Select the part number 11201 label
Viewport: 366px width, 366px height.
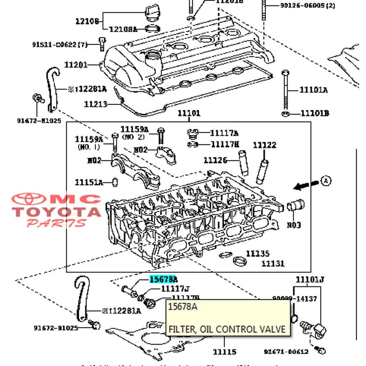point(76,65)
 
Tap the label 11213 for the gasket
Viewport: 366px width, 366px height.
point(96,104)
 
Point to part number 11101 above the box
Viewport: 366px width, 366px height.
point(189,113)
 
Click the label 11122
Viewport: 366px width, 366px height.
point(264,145)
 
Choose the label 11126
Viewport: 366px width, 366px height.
point(215,160)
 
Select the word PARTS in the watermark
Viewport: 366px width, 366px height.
point(57,223)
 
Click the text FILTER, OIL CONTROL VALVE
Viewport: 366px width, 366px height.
point(227,329)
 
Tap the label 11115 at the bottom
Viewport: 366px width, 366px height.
point(224,351)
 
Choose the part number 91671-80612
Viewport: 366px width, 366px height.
point(286,351)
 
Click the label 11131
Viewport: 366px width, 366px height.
point(273,264)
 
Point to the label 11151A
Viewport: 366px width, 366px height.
point(88,182)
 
